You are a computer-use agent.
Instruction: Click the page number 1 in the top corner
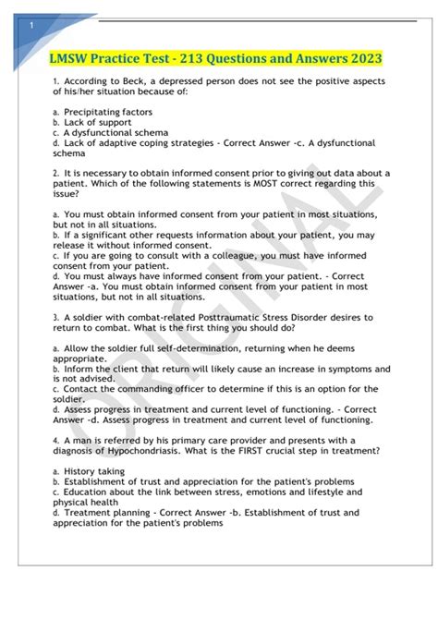[31, 26]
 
